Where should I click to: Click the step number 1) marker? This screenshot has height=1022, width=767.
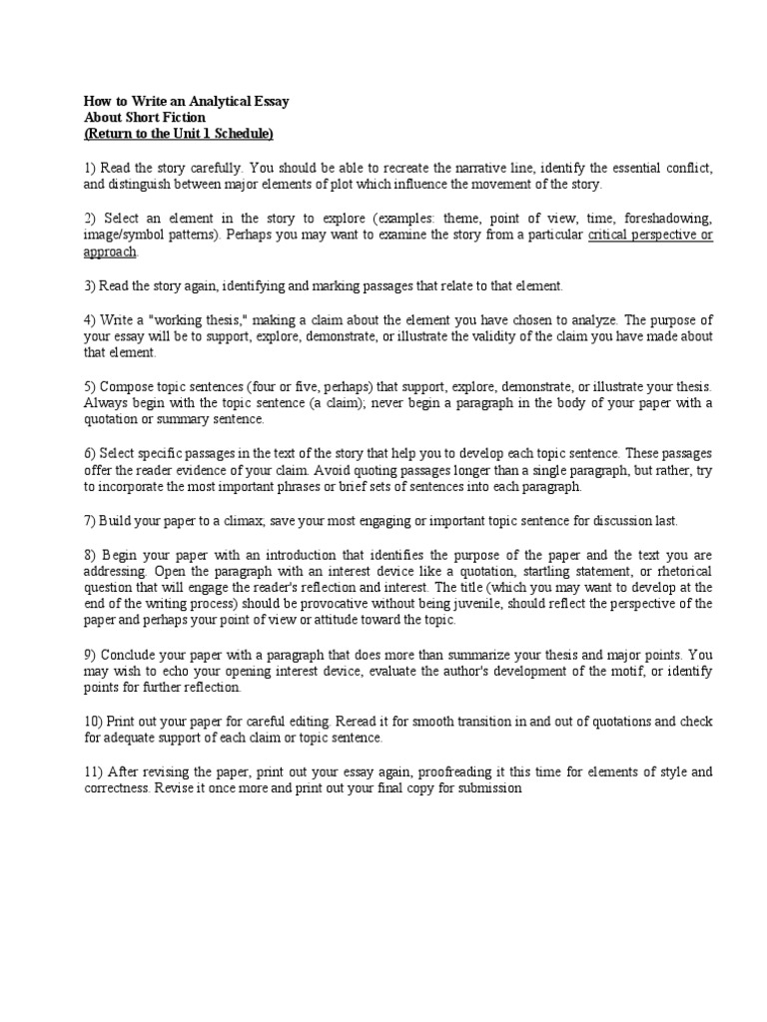tap(89, 169)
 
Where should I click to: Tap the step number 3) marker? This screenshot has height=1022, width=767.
tap(89, 286)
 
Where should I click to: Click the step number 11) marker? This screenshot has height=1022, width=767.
tap(92, 772)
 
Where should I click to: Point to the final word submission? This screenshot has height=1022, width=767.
tap(487, 788)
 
